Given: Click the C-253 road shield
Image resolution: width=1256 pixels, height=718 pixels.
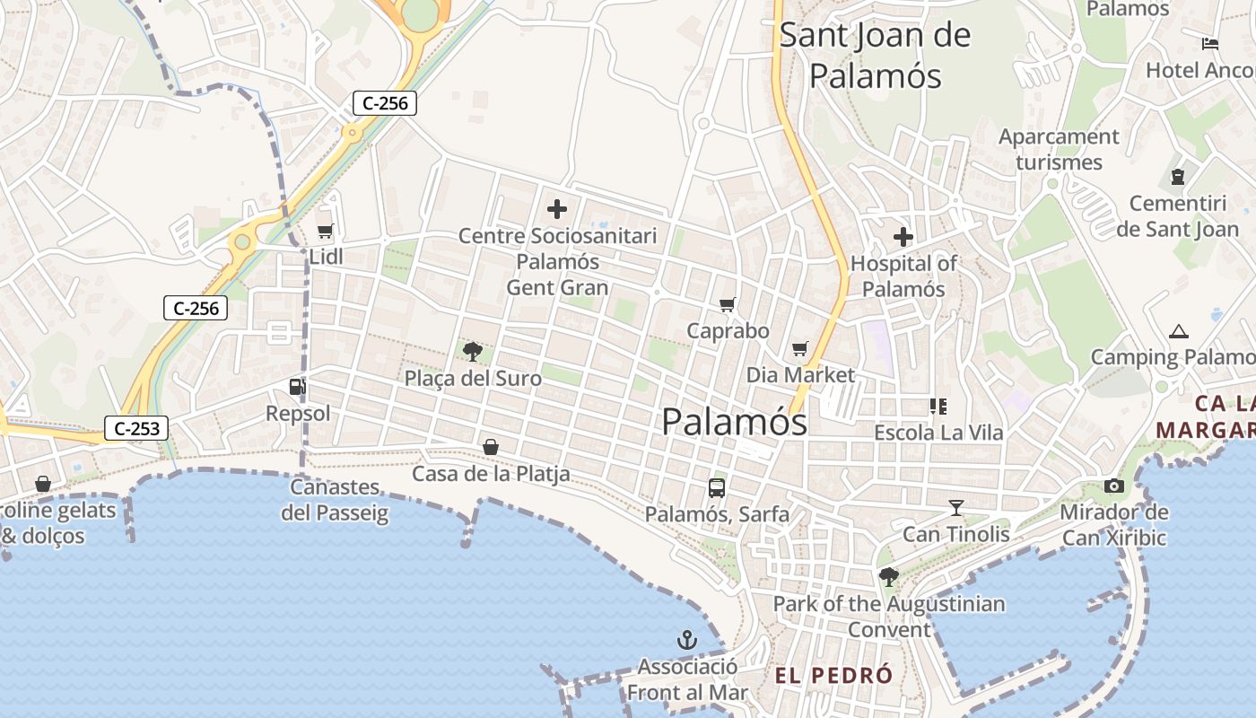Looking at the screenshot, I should click(137, 429).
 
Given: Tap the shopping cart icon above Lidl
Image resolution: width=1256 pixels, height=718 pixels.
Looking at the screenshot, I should click(326, 232).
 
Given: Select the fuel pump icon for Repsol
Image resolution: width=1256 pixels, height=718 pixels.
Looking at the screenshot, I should click(297, 387).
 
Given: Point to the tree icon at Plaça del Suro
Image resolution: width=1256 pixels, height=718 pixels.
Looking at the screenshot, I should click(472, 352).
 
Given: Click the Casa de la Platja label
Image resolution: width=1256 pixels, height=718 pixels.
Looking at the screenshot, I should click(491, 473).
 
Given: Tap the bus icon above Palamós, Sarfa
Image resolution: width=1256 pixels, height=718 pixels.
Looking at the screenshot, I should click(717, 488).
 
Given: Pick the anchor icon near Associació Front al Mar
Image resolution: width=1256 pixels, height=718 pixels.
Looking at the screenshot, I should click(686, 640).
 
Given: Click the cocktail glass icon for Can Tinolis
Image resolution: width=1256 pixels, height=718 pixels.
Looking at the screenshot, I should click(956, 508).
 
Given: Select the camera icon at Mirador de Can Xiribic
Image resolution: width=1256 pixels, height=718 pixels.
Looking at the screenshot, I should click(1114, 486).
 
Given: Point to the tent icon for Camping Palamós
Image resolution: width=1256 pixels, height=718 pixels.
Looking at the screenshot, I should click(1179, 331).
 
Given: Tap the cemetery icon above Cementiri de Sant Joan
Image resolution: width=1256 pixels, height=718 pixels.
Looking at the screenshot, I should click(1178, 177).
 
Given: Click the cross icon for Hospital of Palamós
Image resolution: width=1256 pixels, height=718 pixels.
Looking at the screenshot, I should click(903, 237).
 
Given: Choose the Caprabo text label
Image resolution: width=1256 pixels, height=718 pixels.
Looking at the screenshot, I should click(728, 331).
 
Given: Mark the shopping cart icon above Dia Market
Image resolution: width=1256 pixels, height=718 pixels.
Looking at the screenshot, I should click(800, 348).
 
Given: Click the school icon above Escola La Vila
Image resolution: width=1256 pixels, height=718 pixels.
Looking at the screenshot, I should click(938, 407).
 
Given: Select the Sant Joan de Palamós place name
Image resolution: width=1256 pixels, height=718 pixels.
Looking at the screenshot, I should click(875, 56).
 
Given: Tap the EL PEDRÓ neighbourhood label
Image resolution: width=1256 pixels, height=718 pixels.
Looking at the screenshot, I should click(833, 675).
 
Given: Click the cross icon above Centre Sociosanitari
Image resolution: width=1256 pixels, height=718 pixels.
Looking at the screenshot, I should click(557, 210).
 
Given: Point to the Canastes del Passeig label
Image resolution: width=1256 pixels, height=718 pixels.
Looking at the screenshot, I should click(335, 500).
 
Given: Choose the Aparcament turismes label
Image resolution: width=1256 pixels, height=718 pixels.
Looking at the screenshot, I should click(1059, 149).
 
